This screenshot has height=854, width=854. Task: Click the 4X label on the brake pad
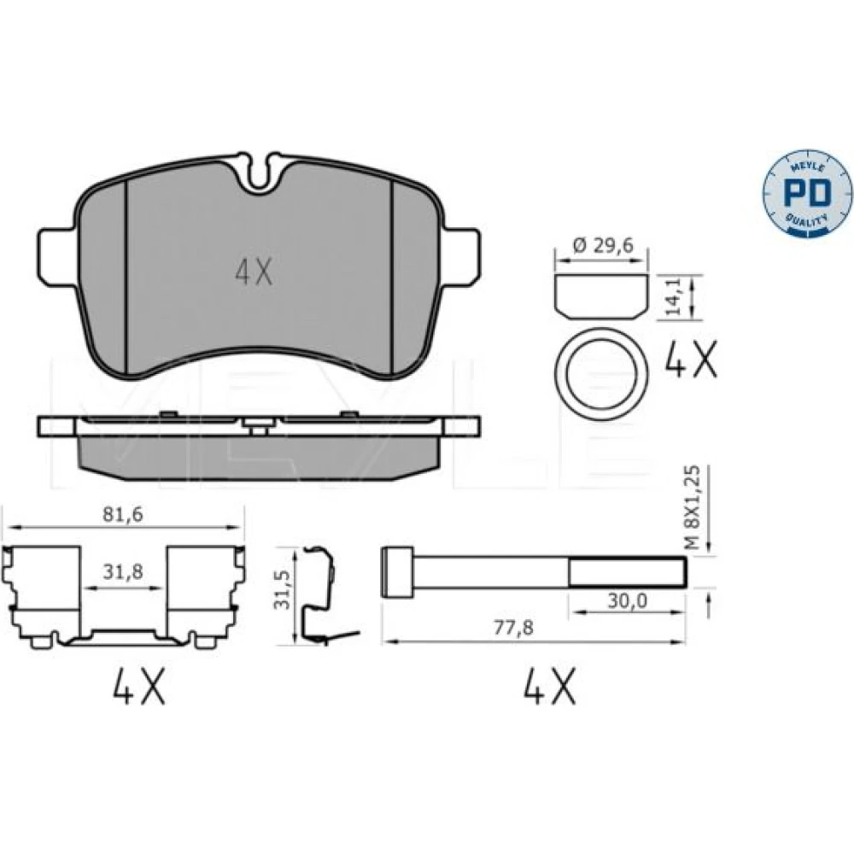tap(254, 272)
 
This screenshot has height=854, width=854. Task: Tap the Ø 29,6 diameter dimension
tap(603, 246)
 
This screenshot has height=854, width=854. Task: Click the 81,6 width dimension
tap(122, 515)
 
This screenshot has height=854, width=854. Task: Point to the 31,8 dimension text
tap(122, 572)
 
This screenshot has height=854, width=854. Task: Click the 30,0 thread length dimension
tap(627, 600)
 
